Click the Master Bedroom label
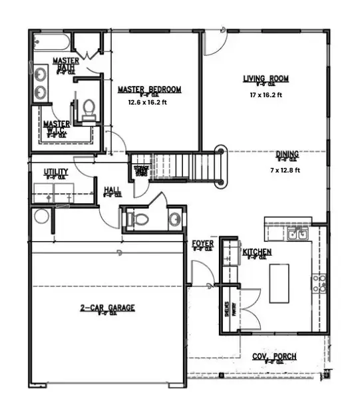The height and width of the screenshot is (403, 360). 149,89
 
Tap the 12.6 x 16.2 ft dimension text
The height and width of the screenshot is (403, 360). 149,103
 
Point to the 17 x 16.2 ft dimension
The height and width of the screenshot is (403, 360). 265,95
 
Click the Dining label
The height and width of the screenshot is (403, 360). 287,154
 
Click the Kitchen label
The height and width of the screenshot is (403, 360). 256,252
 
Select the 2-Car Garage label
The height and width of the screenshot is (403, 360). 108,308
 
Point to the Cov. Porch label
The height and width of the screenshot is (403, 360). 274,356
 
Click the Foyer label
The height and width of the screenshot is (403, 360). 202,244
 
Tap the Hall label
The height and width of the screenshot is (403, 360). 112,191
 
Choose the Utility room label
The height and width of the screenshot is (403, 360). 56,172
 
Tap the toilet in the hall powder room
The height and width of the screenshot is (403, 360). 135,218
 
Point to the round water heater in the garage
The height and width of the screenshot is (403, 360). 42,216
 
